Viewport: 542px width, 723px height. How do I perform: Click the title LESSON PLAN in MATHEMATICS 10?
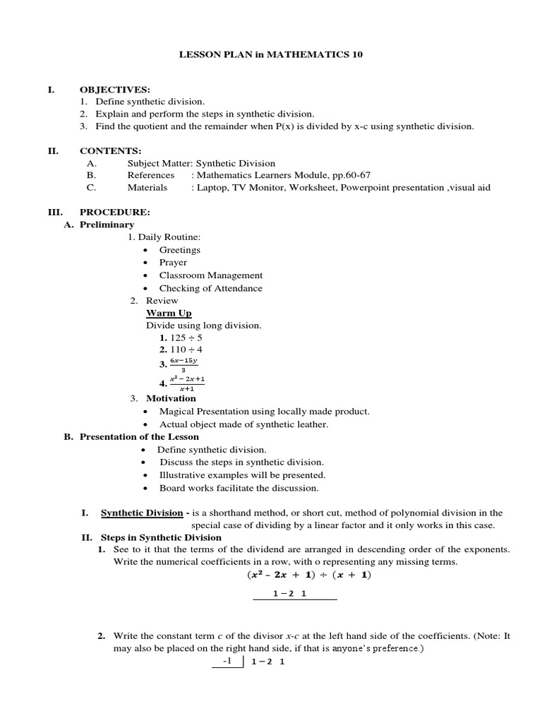click(271, 54)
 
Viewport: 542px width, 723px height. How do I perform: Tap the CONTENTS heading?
click(110, 150)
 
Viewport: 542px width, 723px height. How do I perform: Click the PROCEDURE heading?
click(114, 212)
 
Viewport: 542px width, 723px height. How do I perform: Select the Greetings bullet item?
click(179, 250)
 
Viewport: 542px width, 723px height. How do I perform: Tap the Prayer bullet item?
click(173, 263)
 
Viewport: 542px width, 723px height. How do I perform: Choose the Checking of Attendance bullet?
click(210, 288)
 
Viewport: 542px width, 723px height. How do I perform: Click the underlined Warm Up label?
click(169, 313)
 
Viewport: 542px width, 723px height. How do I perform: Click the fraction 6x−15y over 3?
click(183, 364)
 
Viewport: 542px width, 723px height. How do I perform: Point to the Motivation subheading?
click(171, 398)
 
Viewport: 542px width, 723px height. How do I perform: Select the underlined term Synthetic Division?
click(142, 513)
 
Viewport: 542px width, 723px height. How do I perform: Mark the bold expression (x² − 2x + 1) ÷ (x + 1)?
click(310, 575)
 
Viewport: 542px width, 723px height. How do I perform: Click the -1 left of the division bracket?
click(227, 662)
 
